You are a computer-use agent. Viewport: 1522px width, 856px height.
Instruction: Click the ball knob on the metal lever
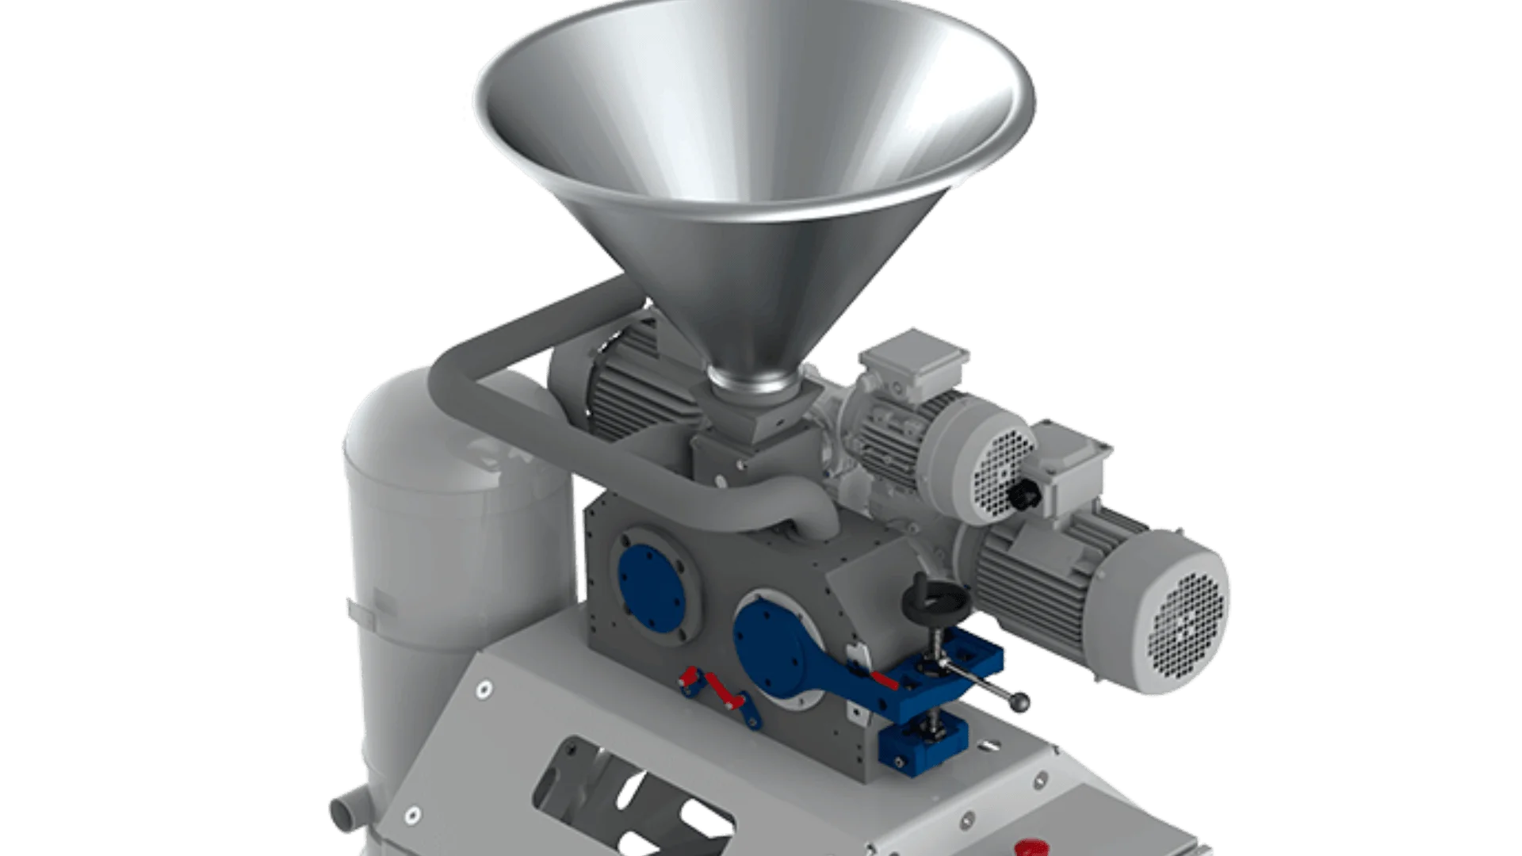click(x=1023, y=701)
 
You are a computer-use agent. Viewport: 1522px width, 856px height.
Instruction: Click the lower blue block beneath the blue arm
click(x=912, y=745)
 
